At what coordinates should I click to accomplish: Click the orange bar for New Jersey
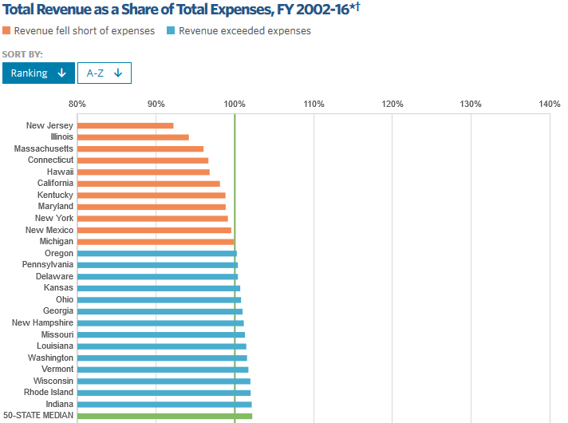click(125, 125)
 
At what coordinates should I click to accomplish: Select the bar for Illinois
click(133, 137)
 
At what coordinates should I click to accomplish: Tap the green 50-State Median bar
click(164, 416)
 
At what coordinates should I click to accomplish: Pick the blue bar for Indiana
click(164, 404)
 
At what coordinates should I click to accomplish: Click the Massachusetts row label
click(44, 148)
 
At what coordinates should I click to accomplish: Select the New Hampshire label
click(43, 322)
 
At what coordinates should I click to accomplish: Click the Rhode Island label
click(49, 392)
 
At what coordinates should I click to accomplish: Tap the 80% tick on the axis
click(77, 105)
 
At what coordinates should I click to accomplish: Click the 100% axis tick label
click(235, 105)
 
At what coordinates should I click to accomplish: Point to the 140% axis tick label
click(550, 105)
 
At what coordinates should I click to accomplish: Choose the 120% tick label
click(392, 105)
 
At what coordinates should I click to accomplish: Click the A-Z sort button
click(104, 73)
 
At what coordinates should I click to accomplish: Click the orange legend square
click(6, 31)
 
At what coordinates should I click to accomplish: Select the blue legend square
click(171, 31)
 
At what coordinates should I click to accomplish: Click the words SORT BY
click(22, 54)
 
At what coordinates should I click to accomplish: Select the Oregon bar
click(157, 253)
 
